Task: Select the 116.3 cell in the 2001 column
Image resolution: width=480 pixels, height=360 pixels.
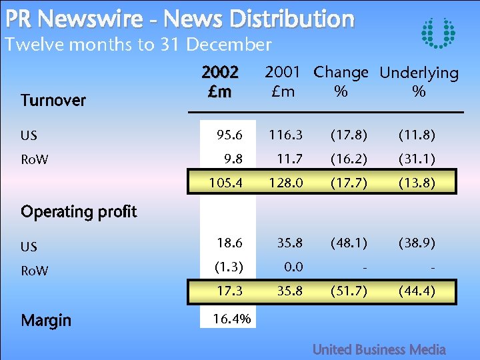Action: coord(285,135)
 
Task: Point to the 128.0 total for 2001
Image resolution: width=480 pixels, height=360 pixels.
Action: coord(285,182)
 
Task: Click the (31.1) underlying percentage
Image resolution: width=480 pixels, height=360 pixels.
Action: coord(418,159)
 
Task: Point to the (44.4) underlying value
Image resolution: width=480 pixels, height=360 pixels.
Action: coord(418,291)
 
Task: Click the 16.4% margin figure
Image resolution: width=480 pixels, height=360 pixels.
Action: coord(231,319)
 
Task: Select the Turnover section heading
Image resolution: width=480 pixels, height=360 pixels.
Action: coord(53,101)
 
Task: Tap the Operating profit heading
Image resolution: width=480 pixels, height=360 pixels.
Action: coord(79,212)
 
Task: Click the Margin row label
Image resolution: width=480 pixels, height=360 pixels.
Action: coord(45,321)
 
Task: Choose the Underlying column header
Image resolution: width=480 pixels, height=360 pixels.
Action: coord(419,73)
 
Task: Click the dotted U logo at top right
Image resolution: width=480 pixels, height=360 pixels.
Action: coord(439,33)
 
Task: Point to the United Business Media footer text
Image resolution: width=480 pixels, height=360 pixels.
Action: coord(379,349)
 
